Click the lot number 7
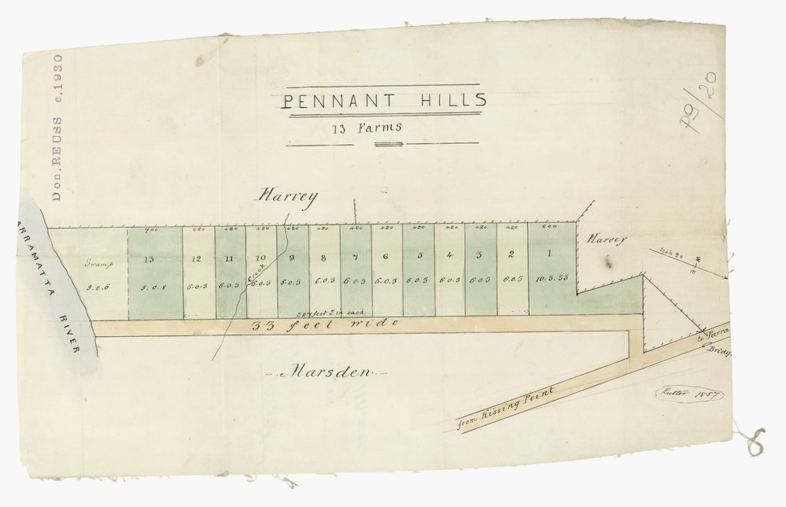pos(355,257)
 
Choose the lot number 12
pos(197,258)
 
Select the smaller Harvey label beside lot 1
pos(607,239)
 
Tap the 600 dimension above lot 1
pos(550,228)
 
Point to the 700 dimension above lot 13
pos(151,230)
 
